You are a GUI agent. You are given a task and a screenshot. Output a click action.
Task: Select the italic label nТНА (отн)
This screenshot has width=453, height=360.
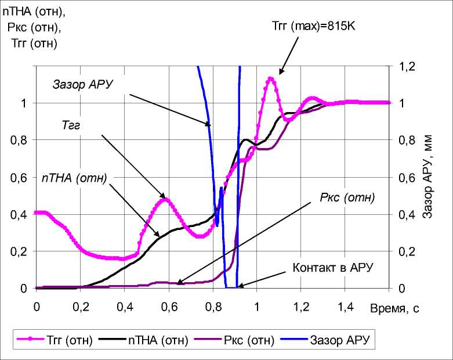click(75, 178)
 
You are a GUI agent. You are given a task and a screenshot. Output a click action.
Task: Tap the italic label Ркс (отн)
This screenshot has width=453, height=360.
click(347, 197)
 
